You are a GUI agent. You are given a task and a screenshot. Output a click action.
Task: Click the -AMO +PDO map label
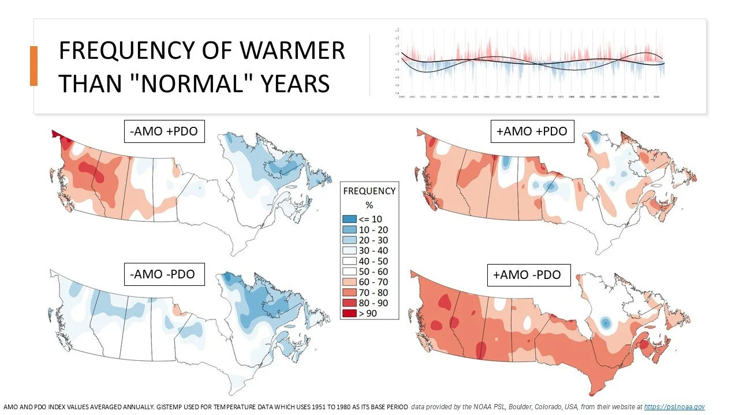point(165,131)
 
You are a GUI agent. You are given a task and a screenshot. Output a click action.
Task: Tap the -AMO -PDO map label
point(165,274)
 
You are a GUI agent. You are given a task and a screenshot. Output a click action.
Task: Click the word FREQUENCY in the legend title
point(369,191)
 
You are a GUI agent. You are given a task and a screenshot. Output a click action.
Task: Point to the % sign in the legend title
point(369,205)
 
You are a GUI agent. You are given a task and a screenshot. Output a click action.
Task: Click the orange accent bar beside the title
point(33,66)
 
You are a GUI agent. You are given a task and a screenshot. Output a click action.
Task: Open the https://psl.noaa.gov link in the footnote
point(674,407)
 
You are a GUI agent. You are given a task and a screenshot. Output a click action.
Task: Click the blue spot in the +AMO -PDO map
point(605,323)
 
